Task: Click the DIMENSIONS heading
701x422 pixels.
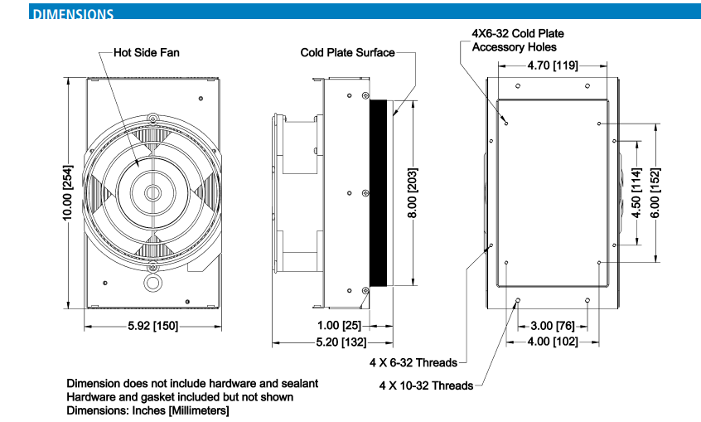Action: coord(72,14)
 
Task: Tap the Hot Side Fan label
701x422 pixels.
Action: coord(147,52)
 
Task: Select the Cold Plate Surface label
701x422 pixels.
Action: coord(348,52)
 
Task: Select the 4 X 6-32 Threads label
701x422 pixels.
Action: coord(413,362)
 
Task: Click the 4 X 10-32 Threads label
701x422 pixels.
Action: coord(426,386)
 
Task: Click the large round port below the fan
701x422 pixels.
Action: coord(152,283)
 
